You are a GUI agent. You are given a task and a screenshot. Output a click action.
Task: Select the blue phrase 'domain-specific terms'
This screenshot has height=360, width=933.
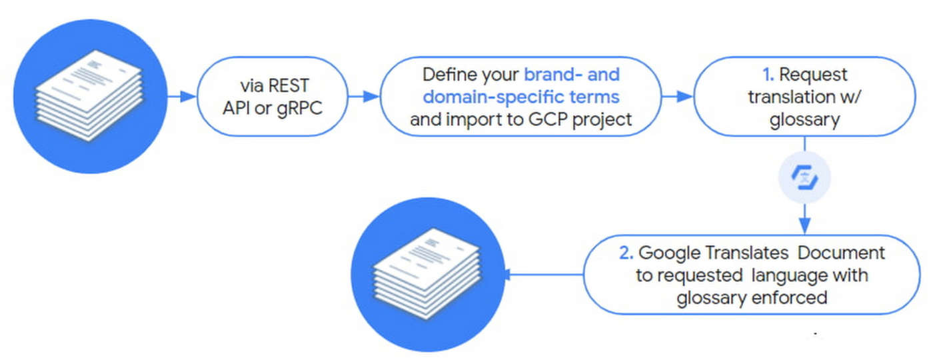(521, 97)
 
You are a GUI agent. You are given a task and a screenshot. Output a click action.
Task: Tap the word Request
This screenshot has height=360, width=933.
(813, 75)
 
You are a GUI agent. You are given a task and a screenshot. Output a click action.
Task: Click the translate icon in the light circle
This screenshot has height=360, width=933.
(804, 177)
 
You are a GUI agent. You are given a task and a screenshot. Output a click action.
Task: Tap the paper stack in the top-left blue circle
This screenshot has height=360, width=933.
(89, 95)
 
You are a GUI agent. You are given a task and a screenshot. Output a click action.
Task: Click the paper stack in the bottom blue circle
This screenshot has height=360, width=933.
(427, 273)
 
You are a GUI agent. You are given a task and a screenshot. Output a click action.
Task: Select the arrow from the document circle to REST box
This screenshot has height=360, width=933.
(182, 97)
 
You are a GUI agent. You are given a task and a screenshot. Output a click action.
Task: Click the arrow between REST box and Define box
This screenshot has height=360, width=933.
(364, 97)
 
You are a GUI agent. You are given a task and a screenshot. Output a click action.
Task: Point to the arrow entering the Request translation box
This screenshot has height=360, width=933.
(677, 97)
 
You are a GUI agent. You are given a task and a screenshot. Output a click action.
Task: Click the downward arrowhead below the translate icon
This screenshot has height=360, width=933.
(805, 225)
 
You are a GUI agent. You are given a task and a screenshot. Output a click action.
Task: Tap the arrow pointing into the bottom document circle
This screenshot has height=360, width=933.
(544, 275)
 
